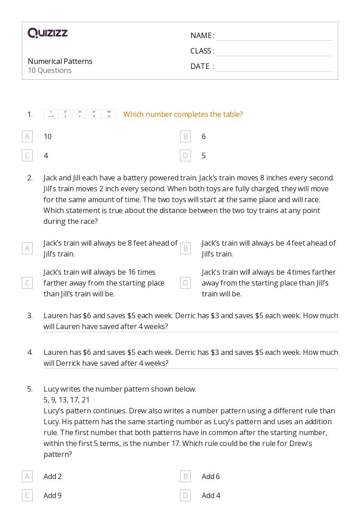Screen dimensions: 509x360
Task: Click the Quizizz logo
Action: point(48,33)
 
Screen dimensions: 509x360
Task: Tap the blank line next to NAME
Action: point(274,36)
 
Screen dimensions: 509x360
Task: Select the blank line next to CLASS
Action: point(274,52)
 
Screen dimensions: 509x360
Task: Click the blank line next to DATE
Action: point(274,67)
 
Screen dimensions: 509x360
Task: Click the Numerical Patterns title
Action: point(60,61)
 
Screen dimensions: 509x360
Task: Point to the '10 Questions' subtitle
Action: point(49,70)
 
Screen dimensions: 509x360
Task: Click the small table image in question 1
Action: point(79,114)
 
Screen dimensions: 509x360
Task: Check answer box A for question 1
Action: point(27,136)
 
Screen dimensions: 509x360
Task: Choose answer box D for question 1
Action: point(185,155)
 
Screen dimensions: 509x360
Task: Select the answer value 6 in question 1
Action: point(204,136)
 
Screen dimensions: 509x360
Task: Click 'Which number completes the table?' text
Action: point(183,114)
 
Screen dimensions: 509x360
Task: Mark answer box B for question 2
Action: point(185,248)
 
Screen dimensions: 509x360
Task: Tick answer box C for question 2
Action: point(27,283)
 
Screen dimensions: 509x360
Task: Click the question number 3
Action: point(30,315)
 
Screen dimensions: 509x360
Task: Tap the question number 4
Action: point(30,352)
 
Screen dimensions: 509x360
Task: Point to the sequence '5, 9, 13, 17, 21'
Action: point(67,400)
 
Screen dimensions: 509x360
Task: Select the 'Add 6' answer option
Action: point(211,476)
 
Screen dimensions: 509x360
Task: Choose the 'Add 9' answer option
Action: point(53,495)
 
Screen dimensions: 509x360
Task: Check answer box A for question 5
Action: point(27,476)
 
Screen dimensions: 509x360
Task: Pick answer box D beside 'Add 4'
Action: point(185,495)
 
